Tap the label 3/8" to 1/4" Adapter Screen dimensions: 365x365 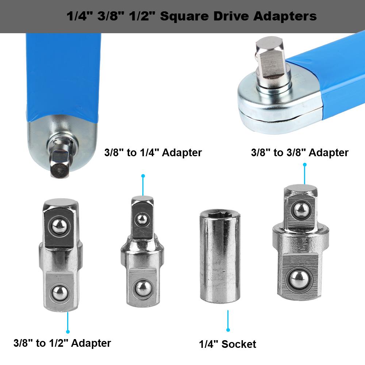153,152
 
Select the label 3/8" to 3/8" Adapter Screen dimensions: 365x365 300,152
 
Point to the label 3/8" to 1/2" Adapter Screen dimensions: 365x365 62,343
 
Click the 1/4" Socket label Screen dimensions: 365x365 227,344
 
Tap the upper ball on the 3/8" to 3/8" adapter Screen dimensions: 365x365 300,209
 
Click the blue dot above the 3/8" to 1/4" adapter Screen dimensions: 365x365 143,176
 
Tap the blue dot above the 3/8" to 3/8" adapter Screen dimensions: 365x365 305,165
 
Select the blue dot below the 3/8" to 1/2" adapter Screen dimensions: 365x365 68,331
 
